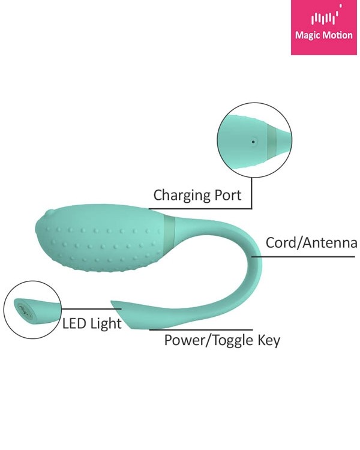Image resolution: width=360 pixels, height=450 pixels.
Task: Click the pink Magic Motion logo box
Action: (324, 27)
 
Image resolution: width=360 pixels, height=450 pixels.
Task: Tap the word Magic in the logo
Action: (305, 35)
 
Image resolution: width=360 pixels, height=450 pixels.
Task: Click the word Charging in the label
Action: (182, 196)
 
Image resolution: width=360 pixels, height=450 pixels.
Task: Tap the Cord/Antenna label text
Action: (311, 243)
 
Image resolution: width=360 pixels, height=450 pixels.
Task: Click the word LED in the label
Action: (74, 323)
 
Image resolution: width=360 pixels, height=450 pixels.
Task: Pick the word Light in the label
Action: (106, 324)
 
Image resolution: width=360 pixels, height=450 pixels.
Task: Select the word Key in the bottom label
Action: (268, 341)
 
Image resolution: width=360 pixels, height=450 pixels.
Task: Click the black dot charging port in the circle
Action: (253, 142)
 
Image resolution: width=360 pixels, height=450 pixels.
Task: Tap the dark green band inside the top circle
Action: (272, 140)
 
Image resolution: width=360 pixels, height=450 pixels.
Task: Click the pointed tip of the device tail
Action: (112, 301)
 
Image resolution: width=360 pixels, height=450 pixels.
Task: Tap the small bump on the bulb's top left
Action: (50, 212)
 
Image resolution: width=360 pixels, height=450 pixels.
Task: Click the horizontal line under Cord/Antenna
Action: (303, 256)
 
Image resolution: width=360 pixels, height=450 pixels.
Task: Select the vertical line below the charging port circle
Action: (251, 193)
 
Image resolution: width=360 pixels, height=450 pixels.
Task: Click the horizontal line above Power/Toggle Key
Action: (201, 330)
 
